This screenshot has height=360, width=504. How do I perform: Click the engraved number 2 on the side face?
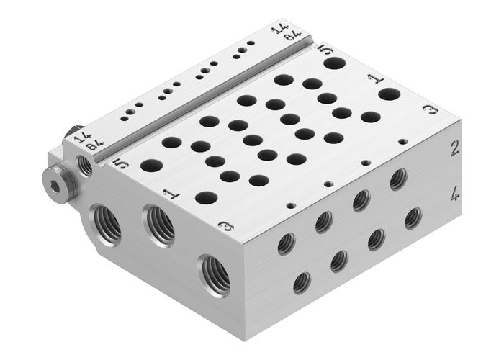tap(454, 149)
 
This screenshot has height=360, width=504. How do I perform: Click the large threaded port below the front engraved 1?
tap(159, 225)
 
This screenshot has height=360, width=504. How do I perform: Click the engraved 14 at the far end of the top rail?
tap(279, 29)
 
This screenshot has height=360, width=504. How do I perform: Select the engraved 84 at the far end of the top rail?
tap(291, 37)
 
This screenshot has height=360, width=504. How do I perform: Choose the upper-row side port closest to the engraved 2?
tap(398, 179)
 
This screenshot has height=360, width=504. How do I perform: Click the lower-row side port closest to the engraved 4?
tap(413, 218)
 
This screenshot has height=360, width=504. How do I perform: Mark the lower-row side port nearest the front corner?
tap(302, 282)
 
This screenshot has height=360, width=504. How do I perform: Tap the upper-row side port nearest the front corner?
tap(286, 243)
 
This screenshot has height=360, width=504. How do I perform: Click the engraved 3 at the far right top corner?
tap(430, 109)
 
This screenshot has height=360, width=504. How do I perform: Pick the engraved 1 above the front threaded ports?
tap(170, 194)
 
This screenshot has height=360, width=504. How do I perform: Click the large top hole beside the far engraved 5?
tap(334, 63)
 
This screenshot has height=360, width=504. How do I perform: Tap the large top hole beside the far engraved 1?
tap(389, 94)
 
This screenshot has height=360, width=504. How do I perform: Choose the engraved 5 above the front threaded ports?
tap(122, 163)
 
